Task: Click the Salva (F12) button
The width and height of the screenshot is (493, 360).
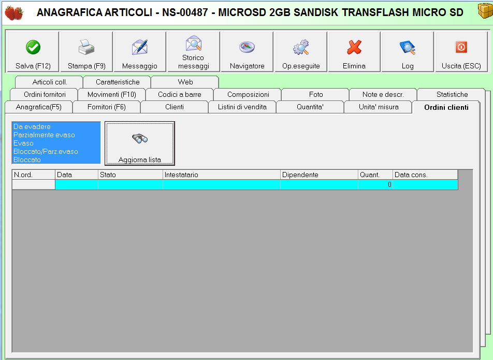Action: pos(33,52)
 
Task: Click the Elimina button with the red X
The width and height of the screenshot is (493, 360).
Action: pos(354,52)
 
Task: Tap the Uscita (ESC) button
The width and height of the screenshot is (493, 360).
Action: pos(461,52)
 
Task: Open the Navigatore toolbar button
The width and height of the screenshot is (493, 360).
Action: pos(247,52)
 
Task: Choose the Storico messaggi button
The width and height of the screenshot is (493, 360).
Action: pos(193,52)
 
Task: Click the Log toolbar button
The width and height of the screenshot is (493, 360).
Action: pos(408,52)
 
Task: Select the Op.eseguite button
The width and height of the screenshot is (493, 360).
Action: pos(301,52)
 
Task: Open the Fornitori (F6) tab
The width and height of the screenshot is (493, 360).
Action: pos(107,107)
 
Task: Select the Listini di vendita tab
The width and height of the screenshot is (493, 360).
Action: pos(242,107)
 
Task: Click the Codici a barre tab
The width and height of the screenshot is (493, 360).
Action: pos(180,94)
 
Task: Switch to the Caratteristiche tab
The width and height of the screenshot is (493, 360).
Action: pos(118,82)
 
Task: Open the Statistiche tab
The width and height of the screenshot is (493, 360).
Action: pos(452,94)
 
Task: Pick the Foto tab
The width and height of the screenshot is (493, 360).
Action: pos(316,94)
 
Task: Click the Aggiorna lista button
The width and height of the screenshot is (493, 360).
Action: pos(140,143)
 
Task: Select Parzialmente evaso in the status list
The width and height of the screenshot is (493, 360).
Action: pos(44,135)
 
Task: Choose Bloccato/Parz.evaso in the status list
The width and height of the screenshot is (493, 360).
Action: pos(46,152)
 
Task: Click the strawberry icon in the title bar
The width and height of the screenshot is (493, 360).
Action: pos(14,12)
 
